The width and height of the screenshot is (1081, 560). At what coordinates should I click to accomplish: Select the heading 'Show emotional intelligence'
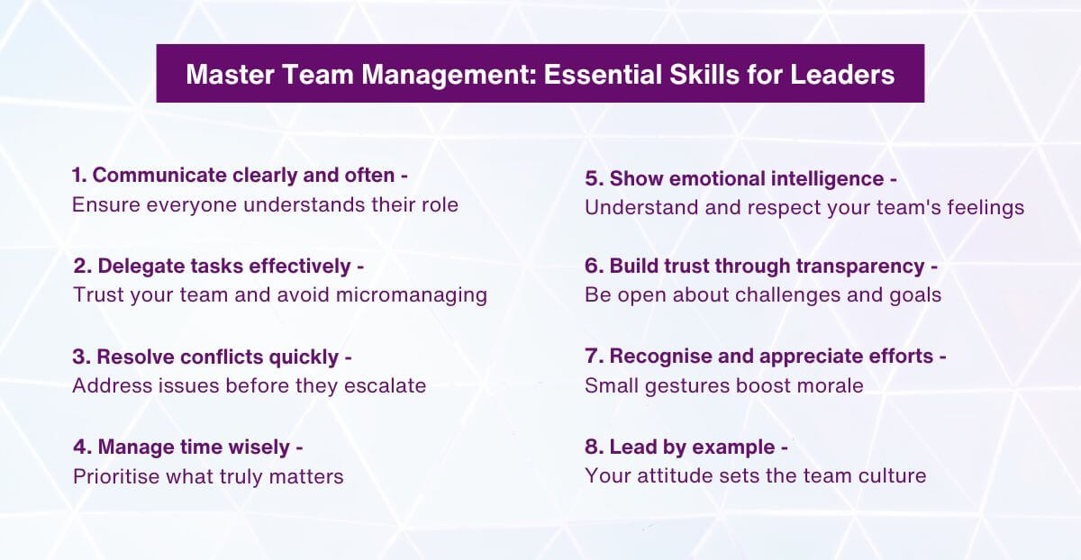[740, 178]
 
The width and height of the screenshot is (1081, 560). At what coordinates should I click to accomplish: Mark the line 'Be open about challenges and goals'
[763, 294]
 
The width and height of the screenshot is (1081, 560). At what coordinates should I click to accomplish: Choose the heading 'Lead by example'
[686, 447]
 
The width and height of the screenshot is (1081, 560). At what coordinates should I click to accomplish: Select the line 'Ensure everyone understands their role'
[265, 204]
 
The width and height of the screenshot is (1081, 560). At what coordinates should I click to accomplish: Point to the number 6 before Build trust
[593, 266]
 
